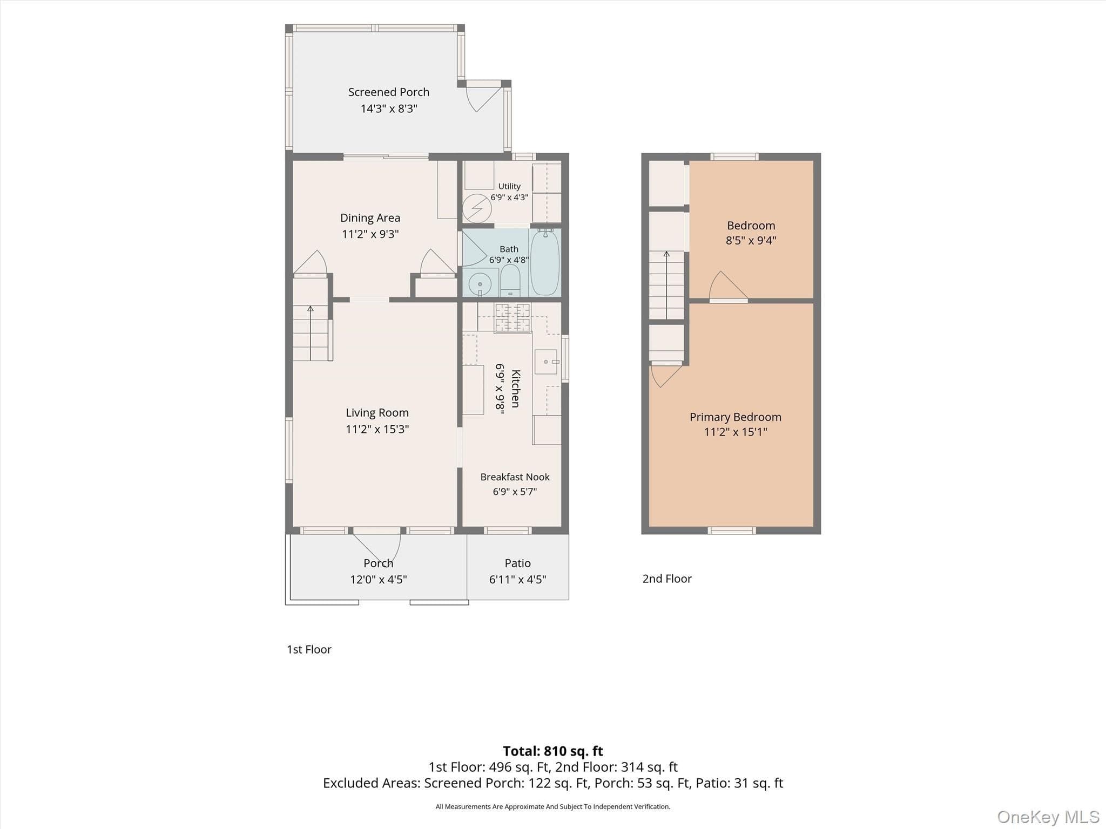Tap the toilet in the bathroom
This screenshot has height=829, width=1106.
pos(510,280)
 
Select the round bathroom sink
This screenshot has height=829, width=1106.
pos(480,284)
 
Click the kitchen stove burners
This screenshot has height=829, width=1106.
pos(512,318)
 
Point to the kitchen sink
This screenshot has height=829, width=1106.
pos(545,362)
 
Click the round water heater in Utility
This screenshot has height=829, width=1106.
pos(477,208)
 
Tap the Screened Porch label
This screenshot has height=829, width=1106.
pos(389,92)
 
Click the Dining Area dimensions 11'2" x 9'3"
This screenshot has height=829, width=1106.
pos(370,234)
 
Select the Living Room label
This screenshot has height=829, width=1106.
pos(377,413)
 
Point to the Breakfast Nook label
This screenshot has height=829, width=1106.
pos(515,477)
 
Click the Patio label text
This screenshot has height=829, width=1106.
pos(517,563)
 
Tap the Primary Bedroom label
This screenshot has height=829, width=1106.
pos(736,417)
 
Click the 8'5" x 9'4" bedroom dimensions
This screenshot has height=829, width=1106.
pos(751,241)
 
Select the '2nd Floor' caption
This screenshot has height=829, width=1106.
pos(667,579)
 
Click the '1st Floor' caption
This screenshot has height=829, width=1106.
pos(309,649)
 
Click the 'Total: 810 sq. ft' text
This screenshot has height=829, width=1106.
pos(553,751)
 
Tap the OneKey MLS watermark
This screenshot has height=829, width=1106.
pos(1048,817)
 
